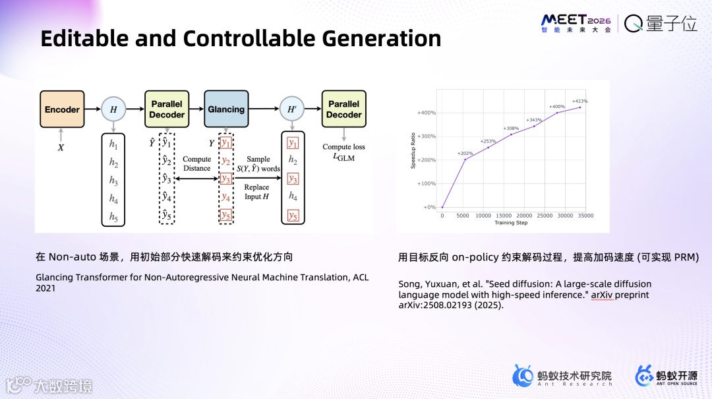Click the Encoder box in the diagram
62,109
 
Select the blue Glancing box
225,109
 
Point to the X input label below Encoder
61,148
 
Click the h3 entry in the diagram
113,180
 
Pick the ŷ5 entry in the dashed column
166,216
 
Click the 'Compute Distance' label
196,164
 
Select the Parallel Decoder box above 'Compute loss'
343,109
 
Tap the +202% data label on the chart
465,154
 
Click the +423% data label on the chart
579,102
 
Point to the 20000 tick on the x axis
524,216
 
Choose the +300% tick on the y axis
427,137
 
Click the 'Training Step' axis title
511,223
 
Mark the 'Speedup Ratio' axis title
414,151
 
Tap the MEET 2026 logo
576,24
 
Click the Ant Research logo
562,376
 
